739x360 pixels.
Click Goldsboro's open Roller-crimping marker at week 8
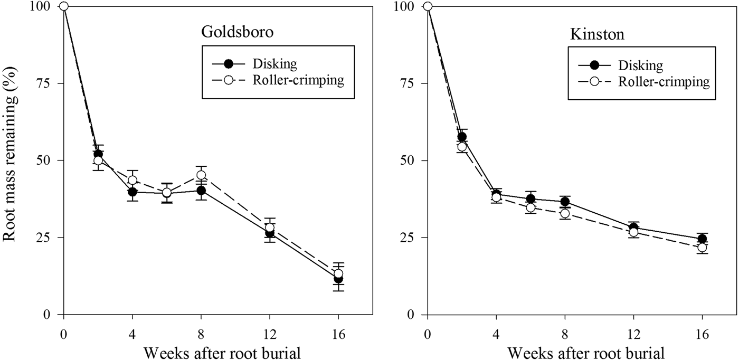(201, 175)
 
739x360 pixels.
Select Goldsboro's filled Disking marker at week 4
(132, 192)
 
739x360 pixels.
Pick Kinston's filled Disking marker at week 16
(702, 239)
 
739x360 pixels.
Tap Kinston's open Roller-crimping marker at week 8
(565, 213)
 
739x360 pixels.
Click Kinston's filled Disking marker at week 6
(530, 199)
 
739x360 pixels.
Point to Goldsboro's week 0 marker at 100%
(64, 6)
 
